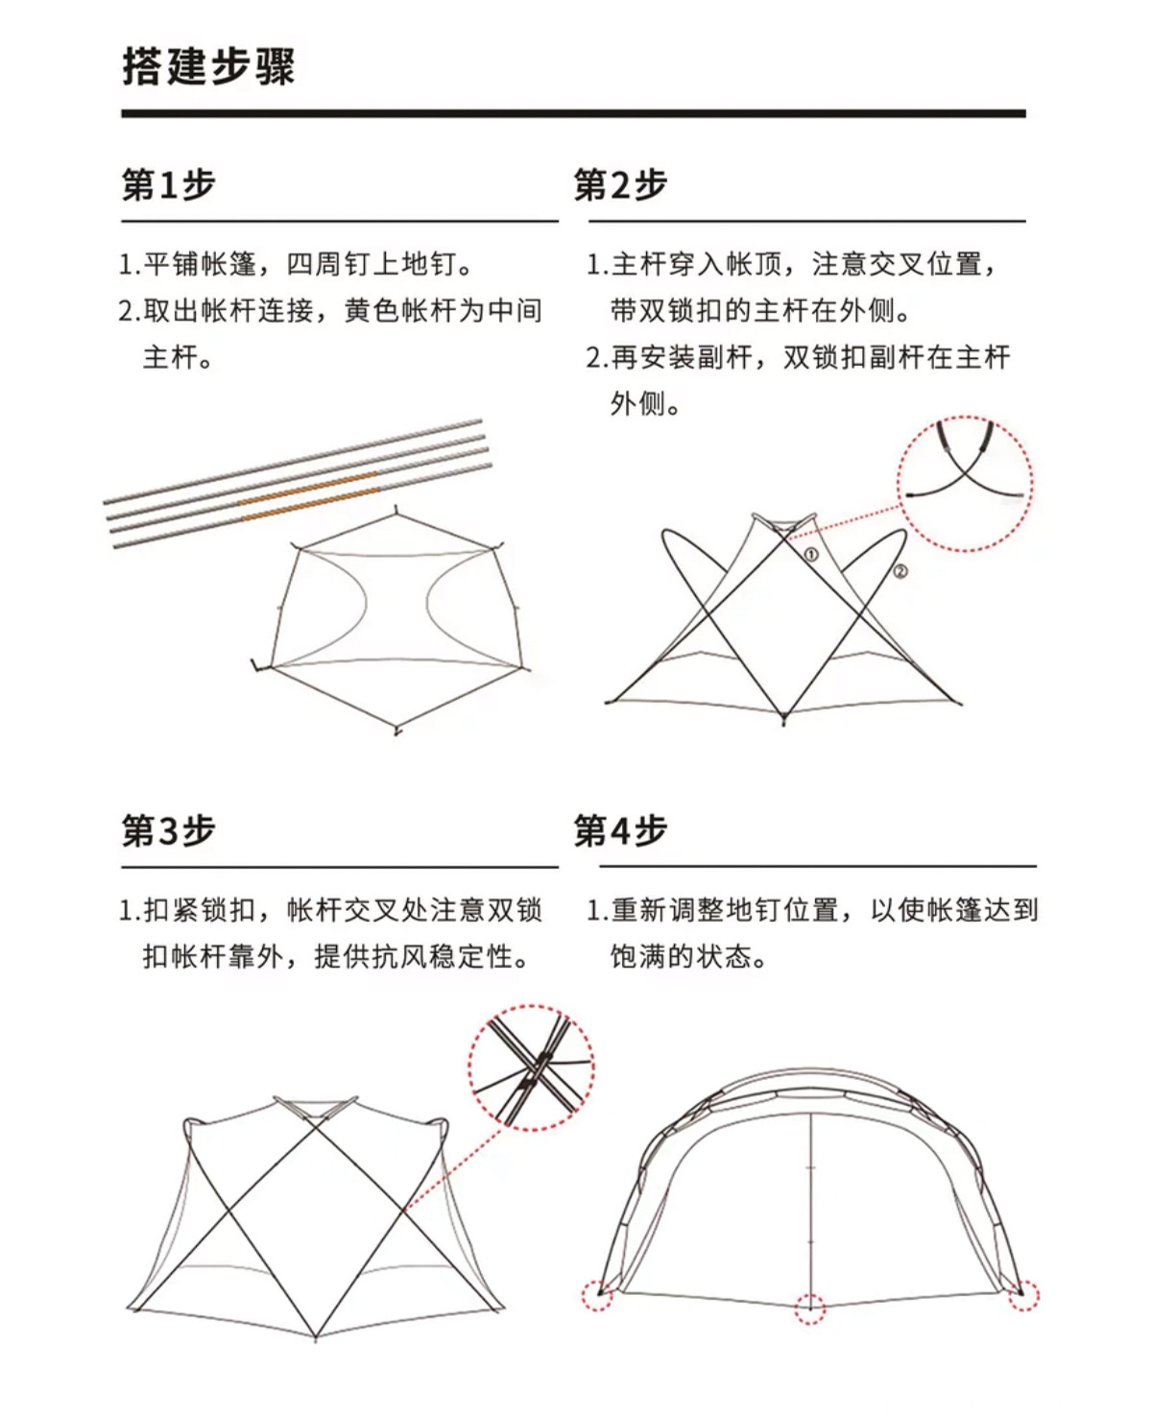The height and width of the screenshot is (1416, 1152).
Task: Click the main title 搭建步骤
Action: click(208, 66)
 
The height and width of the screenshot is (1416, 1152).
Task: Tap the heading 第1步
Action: click(168, 184)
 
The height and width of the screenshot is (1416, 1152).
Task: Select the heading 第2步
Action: click(620, 184)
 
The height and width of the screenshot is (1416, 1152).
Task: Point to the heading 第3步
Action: click(168, 830)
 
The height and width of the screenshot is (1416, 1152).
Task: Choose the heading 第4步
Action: click(620, 830)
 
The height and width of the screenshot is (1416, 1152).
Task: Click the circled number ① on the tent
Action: click(811, 554)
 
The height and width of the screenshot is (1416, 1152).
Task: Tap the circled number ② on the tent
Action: click(900, 571)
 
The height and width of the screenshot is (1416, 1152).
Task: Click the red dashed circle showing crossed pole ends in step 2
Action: click(965, 483)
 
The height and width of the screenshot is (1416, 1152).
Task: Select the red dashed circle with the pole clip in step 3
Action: click(531, 1066)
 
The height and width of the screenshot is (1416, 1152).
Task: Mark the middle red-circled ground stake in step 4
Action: click(810, 1307)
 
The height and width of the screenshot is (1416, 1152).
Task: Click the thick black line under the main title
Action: click(573, 113)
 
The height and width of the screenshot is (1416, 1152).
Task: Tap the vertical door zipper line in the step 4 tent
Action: click(811, 1200)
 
